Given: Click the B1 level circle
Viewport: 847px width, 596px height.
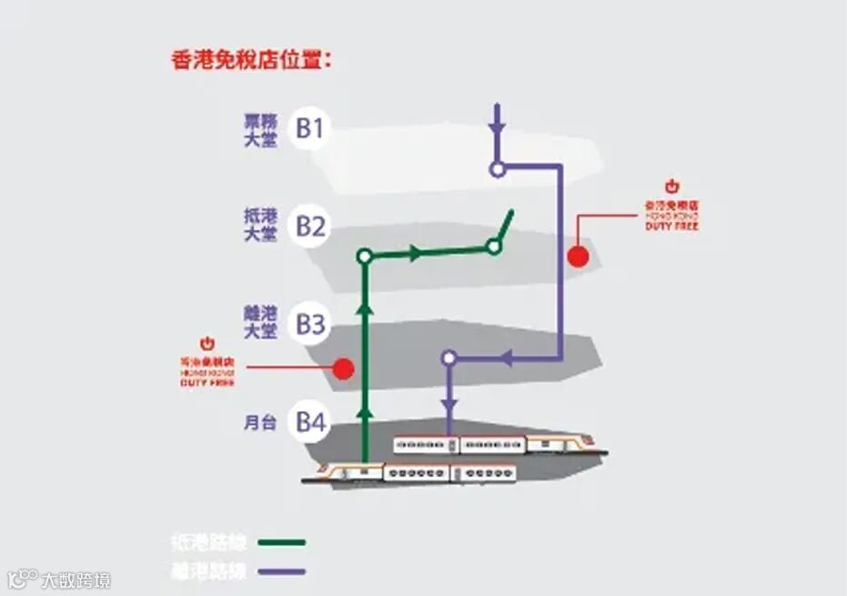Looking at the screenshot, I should (310, 128).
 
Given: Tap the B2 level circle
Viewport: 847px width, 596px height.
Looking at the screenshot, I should (310, 226).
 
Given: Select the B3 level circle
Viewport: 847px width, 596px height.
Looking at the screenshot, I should (310, 324).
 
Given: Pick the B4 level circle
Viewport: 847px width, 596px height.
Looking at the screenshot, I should (310, 422).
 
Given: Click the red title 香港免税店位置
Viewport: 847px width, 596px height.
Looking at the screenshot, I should (250, 61).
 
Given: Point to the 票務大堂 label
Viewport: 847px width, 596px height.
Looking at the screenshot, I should (259, 128).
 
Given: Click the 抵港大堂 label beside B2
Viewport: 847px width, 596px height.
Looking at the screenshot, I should (259, 226).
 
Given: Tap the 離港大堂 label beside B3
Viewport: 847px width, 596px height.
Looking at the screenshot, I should (259, 324).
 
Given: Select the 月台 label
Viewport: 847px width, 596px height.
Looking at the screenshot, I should (259, 423).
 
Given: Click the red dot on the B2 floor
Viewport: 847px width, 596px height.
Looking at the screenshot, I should (578, 256).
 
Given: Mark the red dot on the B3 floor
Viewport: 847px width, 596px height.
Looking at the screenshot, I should (343, 369).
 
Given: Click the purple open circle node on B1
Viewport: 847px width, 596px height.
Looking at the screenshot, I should (497, 168).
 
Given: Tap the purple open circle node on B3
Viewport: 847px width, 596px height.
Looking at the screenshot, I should (449, 359).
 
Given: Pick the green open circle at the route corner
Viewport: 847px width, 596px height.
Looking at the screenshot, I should (365, 257).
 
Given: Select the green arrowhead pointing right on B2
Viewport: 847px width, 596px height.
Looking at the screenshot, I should (416, 253).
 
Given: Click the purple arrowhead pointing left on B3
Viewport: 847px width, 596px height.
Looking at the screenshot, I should (507, 359).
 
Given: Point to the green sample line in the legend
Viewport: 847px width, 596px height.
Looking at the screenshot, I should (282, 543).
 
